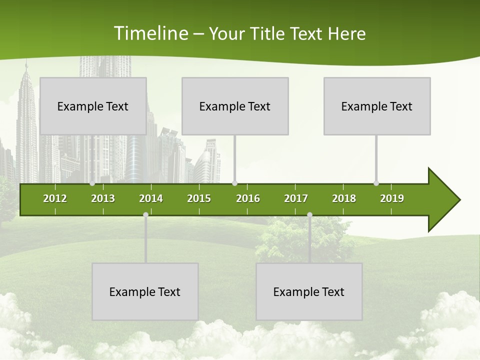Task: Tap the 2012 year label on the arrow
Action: pyautogui.click(x=55, y=198)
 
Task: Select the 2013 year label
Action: pyautogui.click(x=103, y=198)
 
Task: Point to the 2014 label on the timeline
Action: pyautogui.click(x=151, y=198)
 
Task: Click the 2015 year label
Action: pyautogui.click(x=199, y=198)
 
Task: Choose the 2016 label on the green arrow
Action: pyautogui.click(x=248, y=198)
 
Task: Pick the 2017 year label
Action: pyautogui.click(x=296, y=198)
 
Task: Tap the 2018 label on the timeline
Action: pyautogui.click(x=344, y=198)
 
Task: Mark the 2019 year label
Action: pyautogui.click(x=392, y=198)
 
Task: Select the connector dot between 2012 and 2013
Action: pyautogui.click(x=92, y=183)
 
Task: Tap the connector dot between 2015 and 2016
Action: pyautogui.click(x=234, y=183)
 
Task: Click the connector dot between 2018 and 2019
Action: pyautogui.click(x=376, y=183)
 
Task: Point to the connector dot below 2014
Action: pyautogui.click(x=145, y=215)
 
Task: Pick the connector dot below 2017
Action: pyautogui.click(x=309, y=215)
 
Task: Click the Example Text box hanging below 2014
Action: pyautogui.click(x=145, y=291)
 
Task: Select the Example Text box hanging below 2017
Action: pyautogui.click(x=309, y=291)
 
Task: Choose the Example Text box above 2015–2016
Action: pyautogui.click(x=235, y=106)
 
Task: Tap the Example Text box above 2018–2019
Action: pyautogui.click(x=377, y=106)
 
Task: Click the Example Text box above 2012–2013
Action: pyautogui.click(x=93, y=106)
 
